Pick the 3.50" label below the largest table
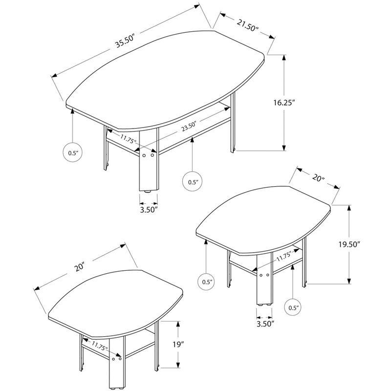(148, 211)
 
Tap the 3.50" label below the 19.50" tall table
(265, 323)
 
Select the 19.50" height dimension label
(365, 244)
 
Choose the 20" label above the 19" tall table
(80, 267)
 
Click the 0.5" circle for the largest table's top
(72, 152)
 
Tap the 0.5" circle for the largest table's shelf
(193, 182)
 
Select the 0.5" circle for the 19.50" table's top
(207, 282)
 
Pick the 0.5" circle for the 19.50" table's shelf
(293, 308)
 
